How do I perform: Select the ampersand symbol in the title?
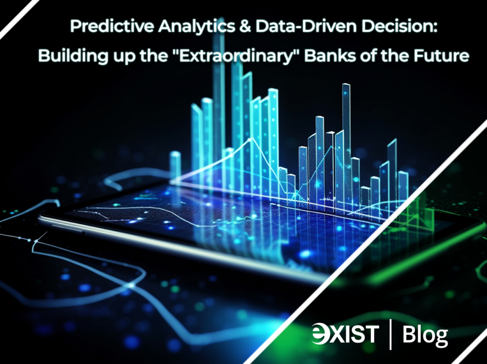(x=245, y=27)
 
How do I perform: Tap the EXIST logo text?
(x=345, y=334)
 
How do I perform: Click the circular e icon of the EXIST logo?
(x=320, y=334)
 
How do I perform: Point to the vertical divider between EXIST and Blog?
(x=390, y=334)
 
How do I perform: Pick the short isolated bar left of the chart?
(x=175, y=166)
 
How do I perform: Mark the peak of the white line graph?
(x=250, y=139)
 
